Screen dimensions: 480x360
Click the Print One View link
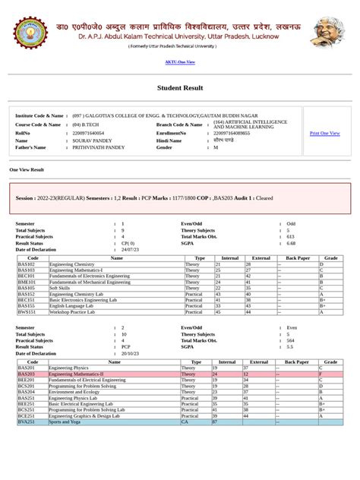[324, 133]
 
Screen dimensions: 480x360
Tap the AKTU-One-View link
[179, 62]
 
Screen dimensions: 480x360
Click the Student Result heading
[180, 88]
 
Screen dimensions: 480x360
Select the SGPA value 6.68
[291, 243]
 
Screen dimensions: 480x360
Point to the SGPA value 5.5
[289, 347]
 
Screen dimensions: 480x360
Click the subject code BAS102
[27, 264]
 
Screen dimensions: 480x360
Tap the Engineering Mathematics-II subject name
[76, 374]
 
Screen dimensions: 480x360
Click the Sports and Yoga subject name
[65, 422]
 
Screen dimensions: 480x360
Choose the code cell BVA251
[27, 422]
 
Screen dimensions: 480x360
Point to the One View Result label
[27, 170]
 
